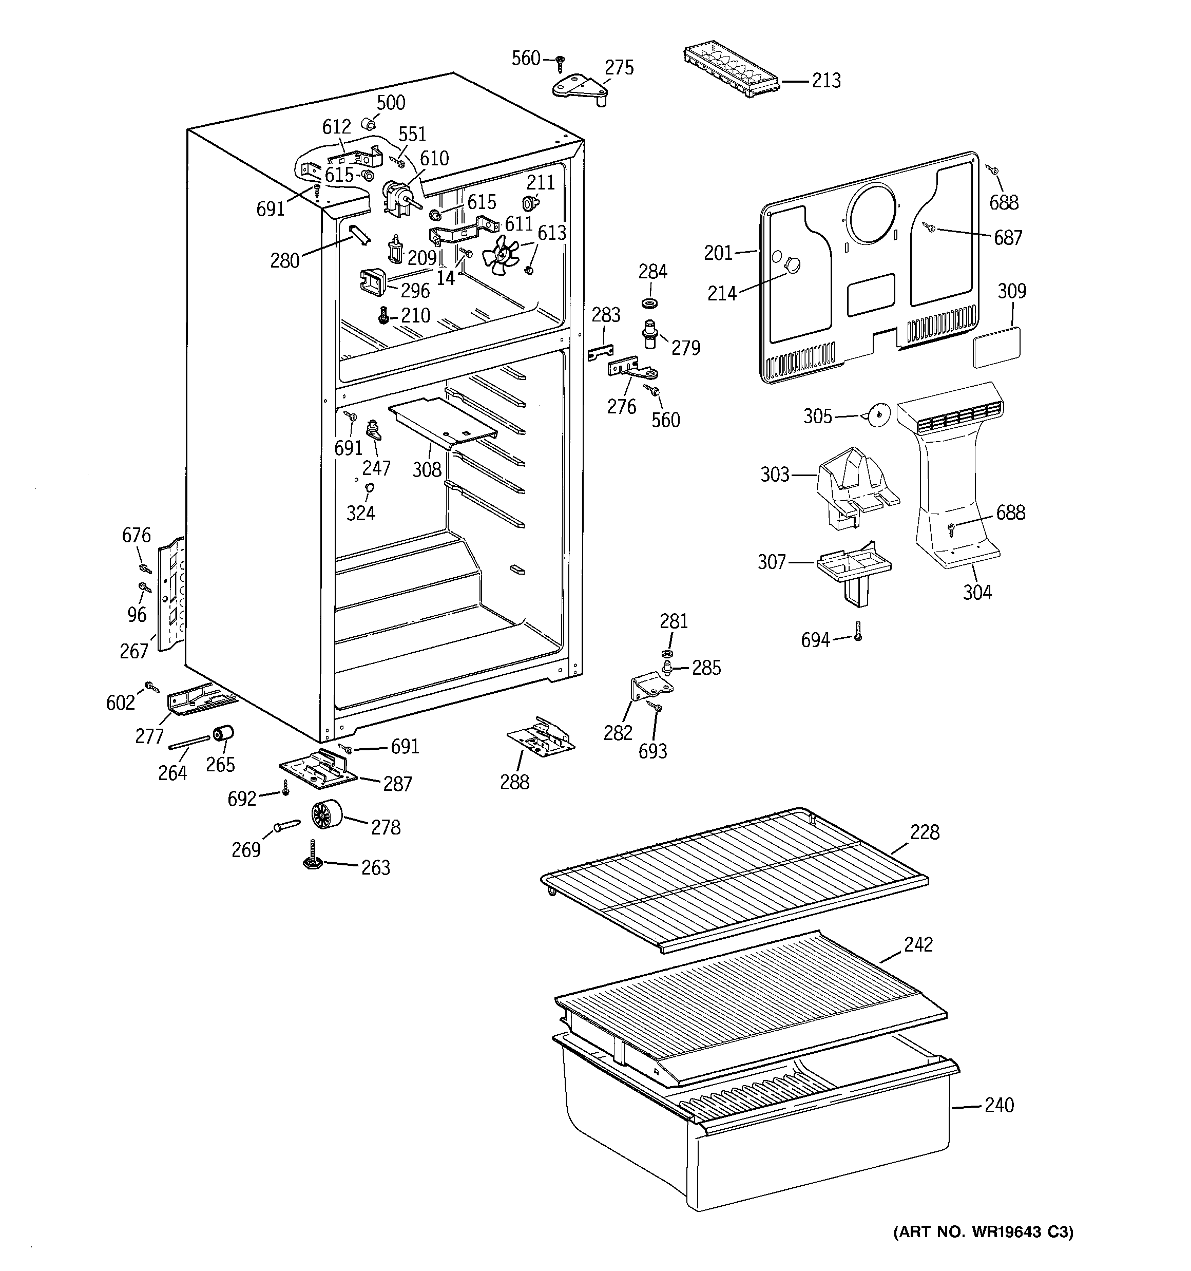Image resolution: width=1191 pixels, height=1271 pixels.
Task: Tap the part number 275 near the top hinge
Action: [619, 67]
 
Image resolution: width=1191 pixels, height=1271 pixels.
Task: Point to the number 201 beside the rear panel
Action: [718, 253]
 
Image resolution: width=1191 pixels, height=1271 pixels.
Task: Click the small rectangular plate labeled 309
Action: [996, 347]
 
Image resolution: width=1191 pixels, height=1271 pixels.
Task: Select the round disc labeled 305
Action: [877, 415]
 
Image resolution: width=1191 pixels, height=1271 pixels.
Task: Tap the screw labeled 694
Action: [858, 632]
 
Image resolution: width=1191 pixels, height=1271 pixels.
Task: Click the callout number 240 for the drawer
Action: [999, 1104]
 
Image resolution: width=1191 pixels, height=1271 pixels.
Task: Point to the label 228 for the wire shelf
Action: [925, 832]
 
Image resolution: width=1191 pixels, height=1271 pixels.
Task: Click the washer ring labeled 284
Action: [651, 302]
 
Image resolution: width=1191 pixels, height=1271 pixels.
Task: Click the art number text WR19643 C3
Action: [983, 1231]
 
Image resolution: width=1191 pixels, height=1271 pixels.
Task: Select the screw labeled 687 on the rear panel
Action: [931, 227]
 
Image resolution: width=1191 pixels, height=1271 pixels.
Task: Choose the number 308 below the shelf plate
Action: [427, 469]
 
